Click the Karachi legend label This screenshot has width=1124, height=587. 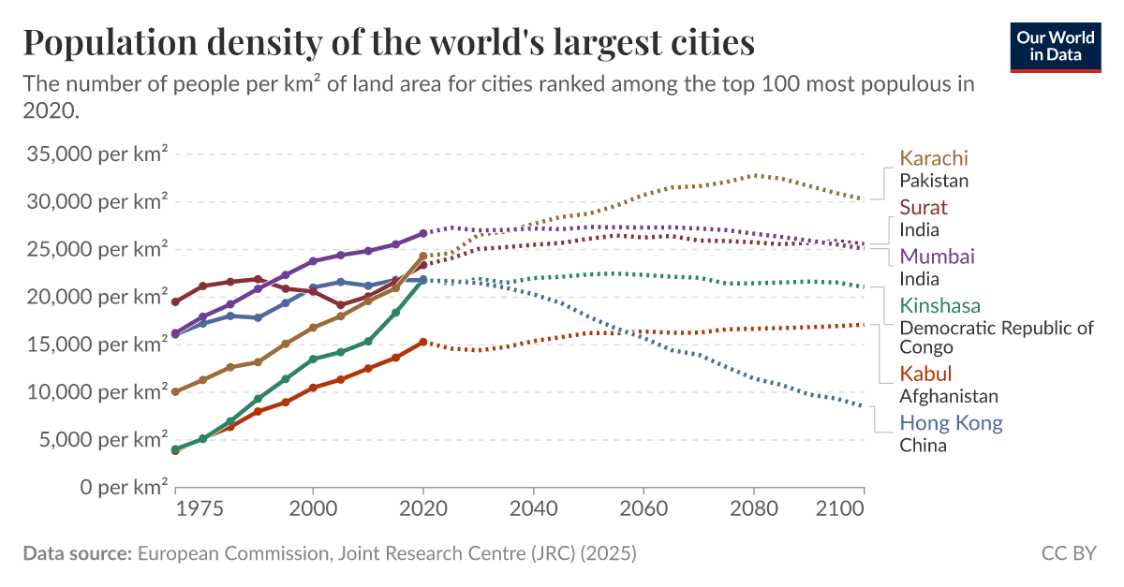point(934,158)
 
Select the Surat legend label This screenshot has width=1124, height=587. point(924,207)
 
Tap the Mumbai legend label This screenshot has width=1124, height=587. point(938,256)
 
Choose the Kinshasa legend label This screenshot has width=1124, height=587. point(940,305)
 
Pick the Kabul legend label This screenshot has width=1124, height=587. point(925,374)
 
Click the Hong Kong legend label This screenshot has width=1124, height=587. point(951,422)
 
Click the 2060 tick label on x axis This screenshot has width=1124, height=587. point(643,510)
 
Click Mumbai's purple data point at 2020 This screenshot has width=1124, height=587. point(423,233)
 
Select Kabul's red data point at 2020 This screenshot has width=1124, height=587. point(423,342)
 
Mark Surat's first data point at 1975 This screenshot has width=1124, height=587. point(175,301)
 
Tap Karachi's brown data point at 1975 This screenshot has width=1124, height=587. point(175,391)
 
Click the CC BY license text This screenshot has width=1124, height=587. point(1068,553)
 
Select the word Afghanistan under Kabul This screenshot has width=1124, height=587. point(949,396)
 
